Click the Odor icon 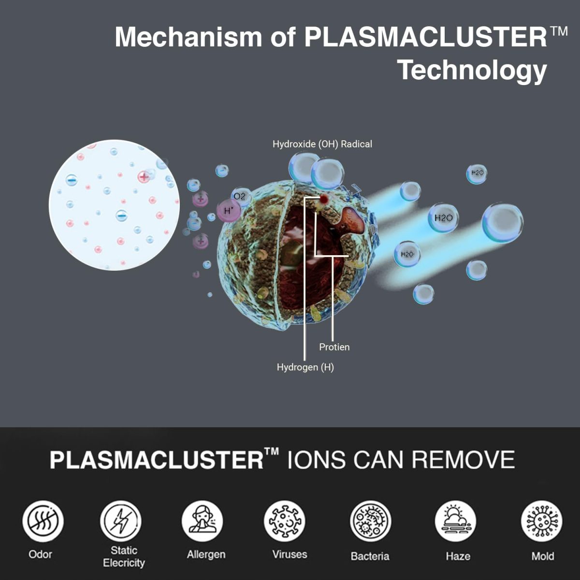(43, 521)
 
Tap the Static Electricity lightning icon (121, 521)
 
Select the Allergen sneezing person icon (202, 521)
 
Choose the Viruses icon (284, 521)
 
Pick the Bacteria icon (371, 521)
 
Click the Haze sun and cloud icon (455, 521)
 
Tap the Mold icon (541, 521)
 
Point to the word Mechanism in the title (188, 37)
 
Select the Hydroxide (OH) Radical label (322, 144)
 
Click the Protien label (334, 347)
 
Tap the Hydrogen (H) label (305, 367)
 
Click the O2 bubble (241, 197)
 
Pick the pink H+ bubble (229, 211)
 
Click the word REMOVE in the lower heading (463, 460)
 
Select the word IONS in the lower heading (316, 460)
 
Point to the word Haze (458, 556)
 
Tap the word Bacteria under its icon (370, 556)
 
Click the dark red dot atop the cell (324, 199)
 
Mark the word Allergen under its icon (206, 554)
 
